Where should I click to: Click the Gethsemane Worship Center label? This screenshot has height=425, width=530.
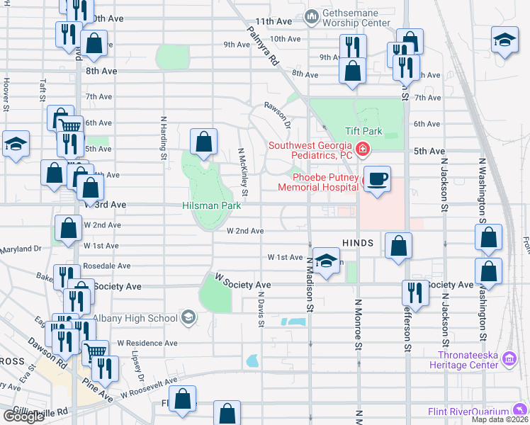click(356, 18)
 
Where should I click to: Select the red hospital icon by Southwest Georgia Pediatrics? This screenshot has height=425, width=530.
click(363, 148)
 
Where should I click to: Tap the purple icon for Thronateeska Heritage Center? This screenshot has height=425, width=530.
click(509, 360)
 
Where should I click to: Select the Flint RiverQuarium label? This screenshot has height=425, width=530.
click(469, 411)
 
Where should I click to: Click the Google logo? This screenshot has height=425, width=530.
click(23, 416)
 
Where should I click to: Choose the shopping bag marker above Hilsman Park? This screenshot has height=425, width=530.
click(204, 142)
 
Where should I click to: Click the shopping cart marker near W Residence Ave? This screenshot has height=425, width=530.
click(96, 351)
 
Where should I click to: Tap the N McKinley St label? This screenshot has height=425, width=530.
click(243, 172)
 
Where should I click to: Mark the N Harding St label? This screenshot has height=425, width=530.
click(164, 136)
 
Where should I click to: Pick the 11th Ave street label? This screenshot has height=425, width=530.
click(274, 22)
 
